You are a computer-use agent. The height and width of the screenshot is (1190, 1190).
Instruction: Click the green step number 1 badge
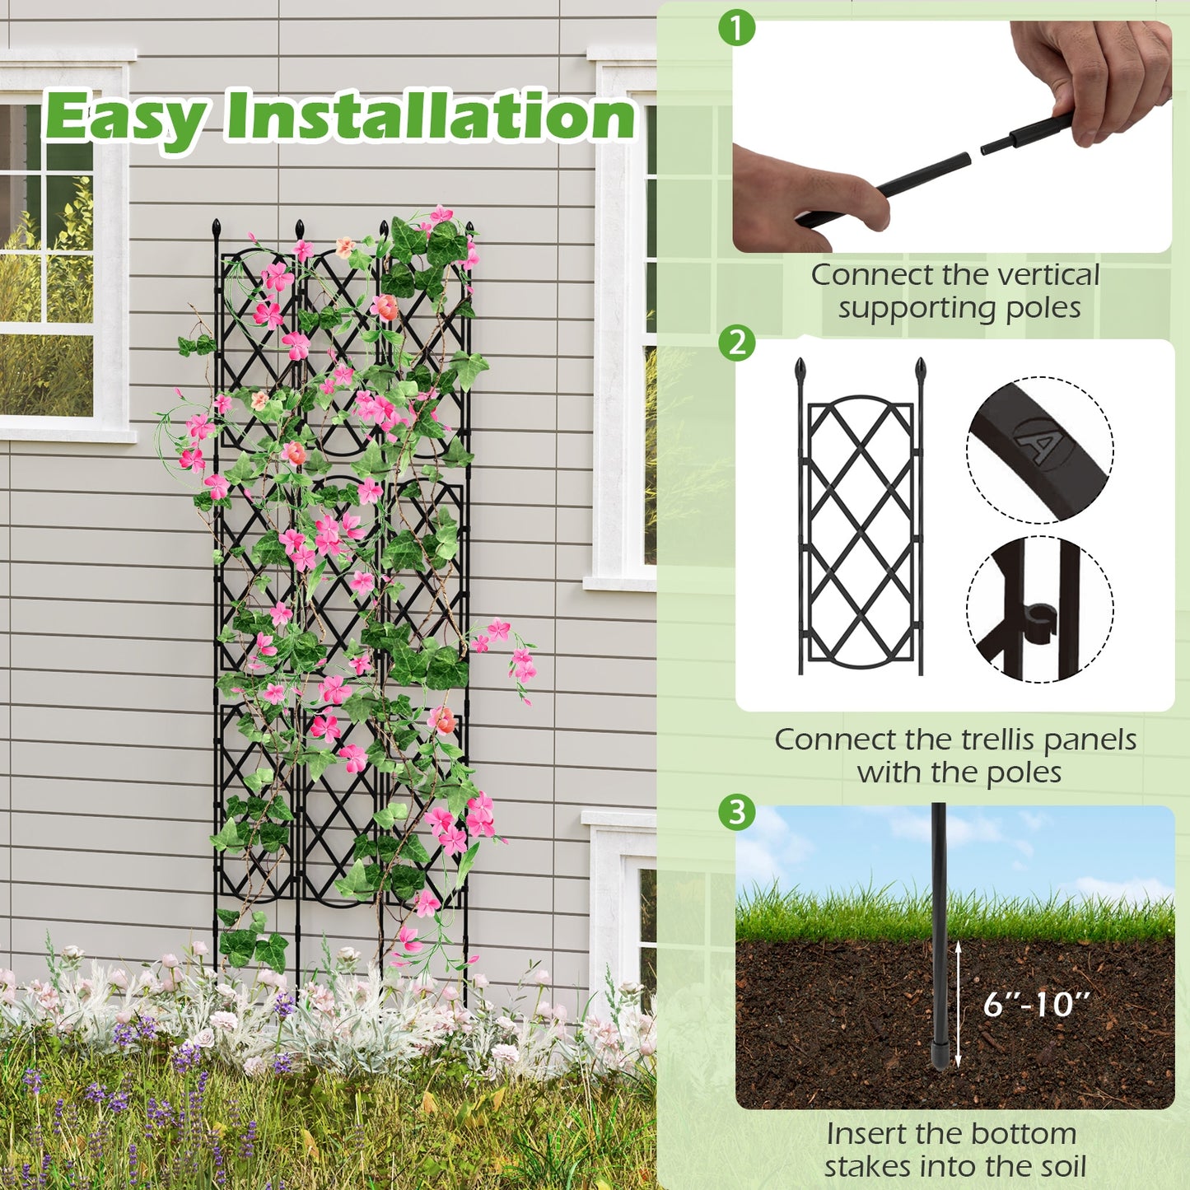[736, 29]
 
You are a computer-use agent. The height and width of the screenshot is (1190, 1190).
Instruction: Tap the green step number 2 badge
[736, 342]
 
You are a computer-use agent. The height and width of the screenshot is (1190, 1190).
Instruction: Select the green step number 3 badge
[736, 812]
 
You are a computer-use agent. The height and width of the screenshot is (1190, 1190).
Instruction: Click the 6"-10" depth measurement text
[1036, 1005]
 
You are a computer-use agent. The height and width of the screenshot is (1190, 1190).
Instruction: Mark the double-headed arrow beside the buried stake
[958, 1005]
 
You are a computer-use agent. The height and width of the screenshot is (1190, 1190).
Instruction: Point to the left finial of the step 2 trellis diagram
[800, 369]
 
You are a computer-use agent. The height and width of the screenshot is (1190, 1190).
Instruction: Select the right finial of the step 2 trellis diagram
[921, 369]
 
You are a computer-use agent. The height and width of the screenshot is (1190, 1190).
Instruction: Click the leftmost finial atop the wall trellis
[217, 227]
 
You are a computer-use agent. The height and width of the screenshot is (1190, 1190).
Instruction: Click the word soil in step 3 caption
[1062, 1166]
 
